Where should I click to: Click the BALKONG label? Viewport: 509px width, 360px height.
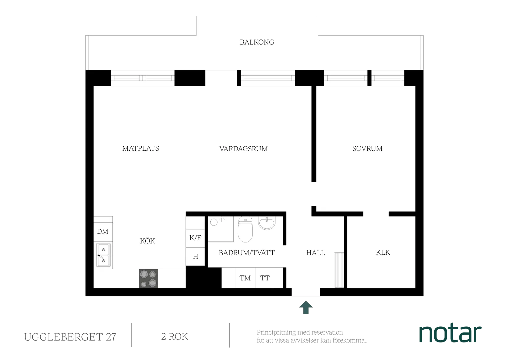[x=257, y=42]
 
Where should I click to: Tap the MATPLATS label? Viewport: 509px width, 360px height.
[x=141, y=149]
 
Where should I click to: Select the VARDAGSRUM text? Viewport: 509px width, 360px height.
[x=243, y=149]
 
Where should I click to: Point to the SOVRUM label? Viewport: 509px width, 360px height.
[x=367, y=149]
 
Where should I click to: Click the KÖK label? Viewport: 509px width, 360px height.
[x=147, y=241]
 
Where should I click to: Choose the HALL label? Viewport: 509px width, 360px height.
[x=315, y=253]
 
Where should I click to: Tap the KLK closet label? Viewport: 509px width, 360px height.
[x=383, y=253]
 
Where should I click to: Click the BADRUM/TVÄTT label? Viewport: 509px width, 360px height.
[x=246, y=253]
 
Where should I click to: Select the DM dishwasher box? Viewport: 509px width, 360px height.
[x=103, y=232]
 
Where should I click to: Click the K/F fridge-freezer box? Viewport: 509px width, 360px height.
[x=195, y=238]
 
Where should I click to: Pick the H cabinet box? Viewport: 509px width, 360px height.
[x=195, y=256]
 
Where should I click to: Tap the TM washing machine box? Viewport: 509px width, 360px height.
[x=245, y=278]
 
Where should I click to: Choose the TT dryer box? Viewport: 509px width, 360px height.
[x=265, y=278]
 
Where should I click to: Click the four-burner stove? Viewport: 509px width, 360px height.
[x=149, y=278]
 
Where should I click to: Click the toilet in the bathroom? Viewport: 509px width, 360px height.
[x=245, y=230]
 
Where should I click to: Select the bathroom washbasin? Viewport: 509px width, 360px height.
[x=266, y=223]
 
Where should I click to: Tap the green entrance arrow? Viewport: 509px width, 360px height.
[x=306, y=308]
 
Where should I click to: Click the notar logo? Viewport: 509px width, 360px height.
[x=451, y=333]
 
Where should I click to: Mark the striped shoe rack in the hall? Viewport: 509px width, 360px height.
[x=339, y=270]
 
